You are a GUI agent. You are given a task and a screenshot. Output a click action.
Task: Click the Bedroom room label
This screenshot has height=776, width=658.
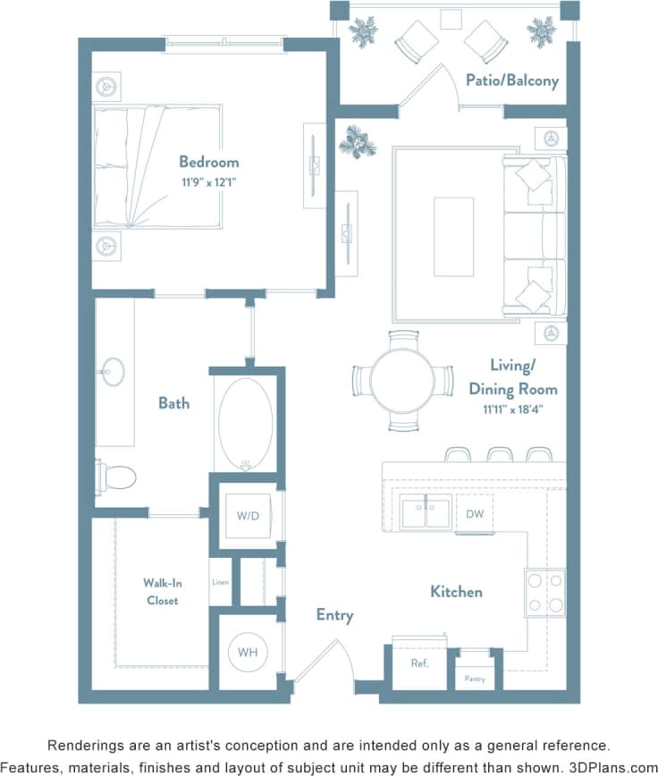(208, 162)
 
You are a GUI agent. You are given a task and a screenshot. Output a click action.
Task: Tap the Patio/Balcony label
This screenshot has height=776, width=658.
(511, 80)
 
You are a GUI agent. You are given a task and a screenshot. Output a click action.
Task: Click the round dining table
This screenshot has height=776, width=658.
(402, 380)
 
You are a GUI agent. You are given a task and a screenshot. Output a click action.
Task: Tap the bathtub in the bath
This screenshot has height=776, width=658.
(244, 425)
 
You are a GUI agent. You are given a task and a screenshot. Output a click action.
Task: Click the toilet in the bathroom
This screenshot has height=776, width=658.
(115, 477)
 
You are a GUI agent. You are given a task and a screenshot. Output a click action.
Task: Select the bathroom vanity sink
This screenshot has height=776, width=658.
(114, 372)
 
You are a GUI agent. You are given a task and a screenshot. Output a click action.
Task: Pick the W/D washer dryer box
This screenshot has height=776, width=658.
(248, 516)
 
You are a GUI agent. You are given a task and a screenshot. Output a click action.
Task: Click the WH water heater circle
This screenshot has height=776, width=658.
(248, 653)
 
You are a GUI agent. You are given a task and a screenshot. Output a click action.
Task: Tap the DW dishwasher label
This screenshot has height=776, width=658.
(474, 513)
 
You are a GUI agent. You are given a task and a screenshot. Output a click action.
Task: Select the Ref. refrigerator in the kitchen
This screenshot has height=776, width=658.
(419, 663)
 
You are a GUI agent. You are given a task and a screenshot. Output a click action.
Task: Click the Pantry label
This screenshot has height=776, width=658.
(474, 679)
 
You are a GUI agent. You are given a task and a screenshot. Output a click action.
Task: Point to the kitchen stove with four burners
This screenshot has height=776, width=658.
(544, 592)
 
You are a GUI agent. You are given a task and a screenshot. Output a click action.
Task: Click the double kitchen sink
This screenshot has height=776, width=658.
(426, 513)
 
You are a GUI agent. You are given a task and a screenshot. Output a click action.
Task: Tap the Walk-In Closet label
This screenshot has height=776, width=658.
(162, 592)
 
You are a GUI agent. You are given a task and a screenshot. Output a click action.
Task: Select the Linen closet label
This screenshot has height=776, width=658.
(220, 583)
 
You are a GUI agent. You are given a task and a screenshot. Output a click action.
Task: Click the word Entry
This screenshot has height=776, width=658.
(334, 615)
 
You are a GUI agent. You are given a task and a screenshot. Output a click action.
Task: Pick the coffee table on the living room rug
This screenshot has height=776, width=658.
(453, 236)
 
